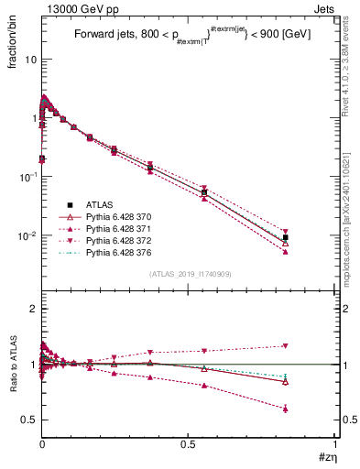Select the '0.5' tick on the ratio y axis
28,420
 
